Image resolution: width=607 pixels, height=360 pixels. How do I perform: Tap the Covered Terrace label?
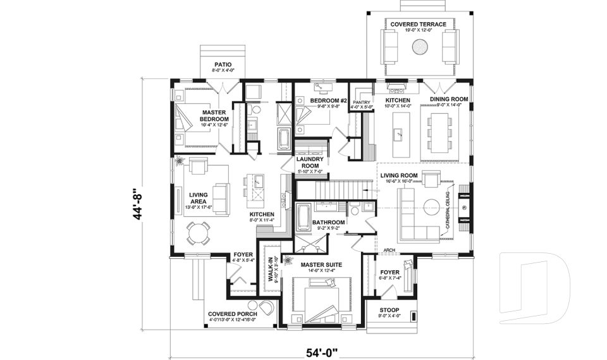pos(418,25)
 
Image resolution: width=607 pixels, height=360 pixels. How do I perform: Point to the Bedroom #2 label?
pos(329,101)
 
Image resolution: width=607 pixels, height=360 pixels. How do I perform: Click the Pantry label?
pos(360,102)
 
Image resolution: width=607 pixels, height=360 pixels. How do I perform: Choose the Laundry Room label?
pos(310,162)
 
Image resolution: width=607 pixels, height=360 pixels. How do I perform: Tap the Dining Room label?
pos(449,100)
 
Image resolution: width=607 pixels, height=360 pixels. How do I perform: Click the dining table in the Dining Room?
pos(441,133)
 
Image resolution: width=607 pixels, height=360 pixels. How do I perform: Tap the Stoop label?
pos(389,310)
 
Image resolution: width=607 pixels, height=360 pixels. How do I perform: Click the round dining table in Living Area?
pos(195,235)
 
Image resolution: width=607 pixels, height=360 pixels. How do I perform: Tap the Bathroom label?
pos(329,222)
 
